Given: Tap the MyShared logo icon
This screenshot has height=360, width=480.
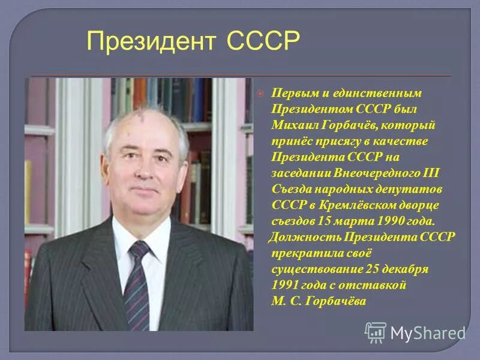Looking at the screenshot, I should point(375,332).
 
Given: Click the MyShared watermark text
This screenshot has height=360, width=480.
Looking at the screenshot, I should point(427,332).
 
